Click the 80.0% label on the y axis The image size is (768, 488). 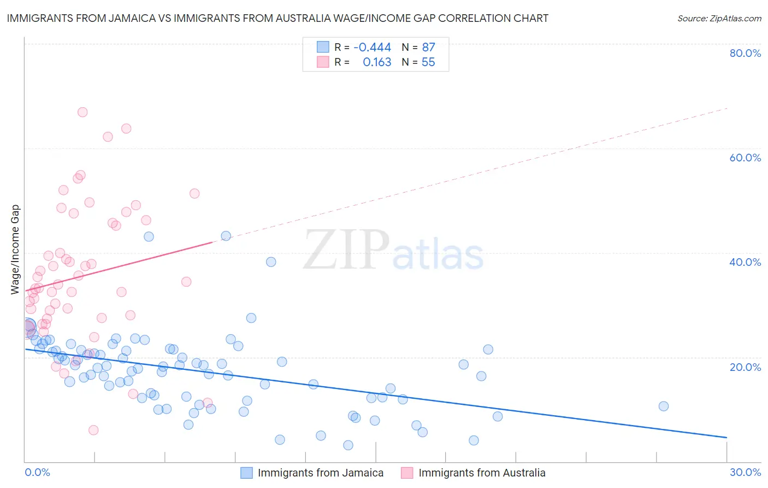(x=745, y=53)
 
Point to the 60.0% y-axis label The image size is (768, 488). (x=745, y=158)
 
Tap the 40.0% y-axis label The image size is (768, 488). (x=745, y=262)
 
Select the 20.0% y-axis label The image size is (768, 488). (x=745, y=367)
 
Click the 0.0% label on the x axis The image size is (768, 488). (x=37, y=472)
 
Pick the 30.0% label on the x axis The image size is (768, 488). (x=745, y=472)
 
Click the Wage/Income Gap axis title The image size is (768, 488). (x=15, y=249)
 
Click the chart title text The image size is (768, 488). (x=277, y=18)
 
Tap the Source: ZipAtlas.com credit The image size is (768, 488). (x=719, y=18)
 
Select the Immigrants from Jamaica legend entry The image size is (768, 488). (x=320, y=473)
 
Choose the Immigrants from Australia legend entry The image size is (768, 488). (x=481, y=473)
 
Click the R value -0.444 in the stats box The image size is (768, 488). (x=373, y=47)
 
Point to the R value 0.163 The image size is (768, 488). (x=377, y=62)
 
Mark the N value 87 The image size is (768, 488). (x=428, y=47)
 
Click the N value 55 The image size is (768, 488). (x=428, y=62)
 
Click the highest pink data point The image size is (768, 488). (x=82, y=112)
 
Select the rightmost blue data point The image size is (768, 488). (x=664, y=406)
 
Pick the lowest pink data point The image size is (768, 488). (x=93, y=430)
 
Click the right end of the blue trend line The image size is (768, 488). (x=726, y=438)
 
